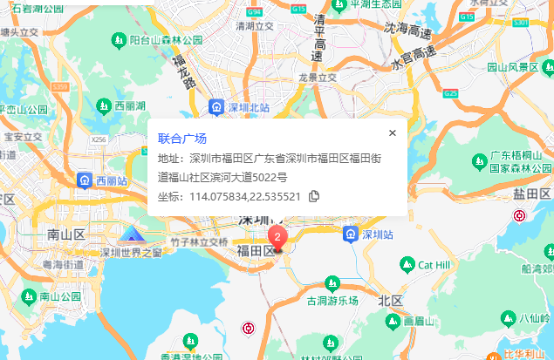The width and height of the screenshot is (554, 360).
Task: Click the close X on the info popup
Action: pos(393,133)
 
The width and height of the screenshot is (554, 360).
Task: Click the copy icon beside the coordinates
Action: pos(314,196)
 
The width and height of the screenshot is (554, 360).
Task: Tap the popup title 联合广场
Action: pos(182,139)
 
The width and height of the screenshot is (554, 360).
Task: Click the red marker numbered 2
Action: pos(277,236)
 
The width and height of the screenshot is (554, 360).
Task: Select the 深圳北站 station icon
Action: pos(215,106)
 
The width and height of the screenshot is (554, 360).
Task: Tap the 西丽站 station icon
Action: pos(85,180)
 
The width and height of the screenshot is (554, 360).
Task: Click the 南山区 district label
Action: pos(65,234)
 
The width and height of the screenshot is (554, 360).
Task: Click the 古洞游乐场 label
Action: pos(332,301)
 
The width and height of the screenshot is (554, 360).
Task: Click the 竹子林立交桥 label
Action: pos(199,241)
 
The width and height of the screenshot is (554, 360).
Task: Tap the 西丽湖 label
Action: pos(131,105)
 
